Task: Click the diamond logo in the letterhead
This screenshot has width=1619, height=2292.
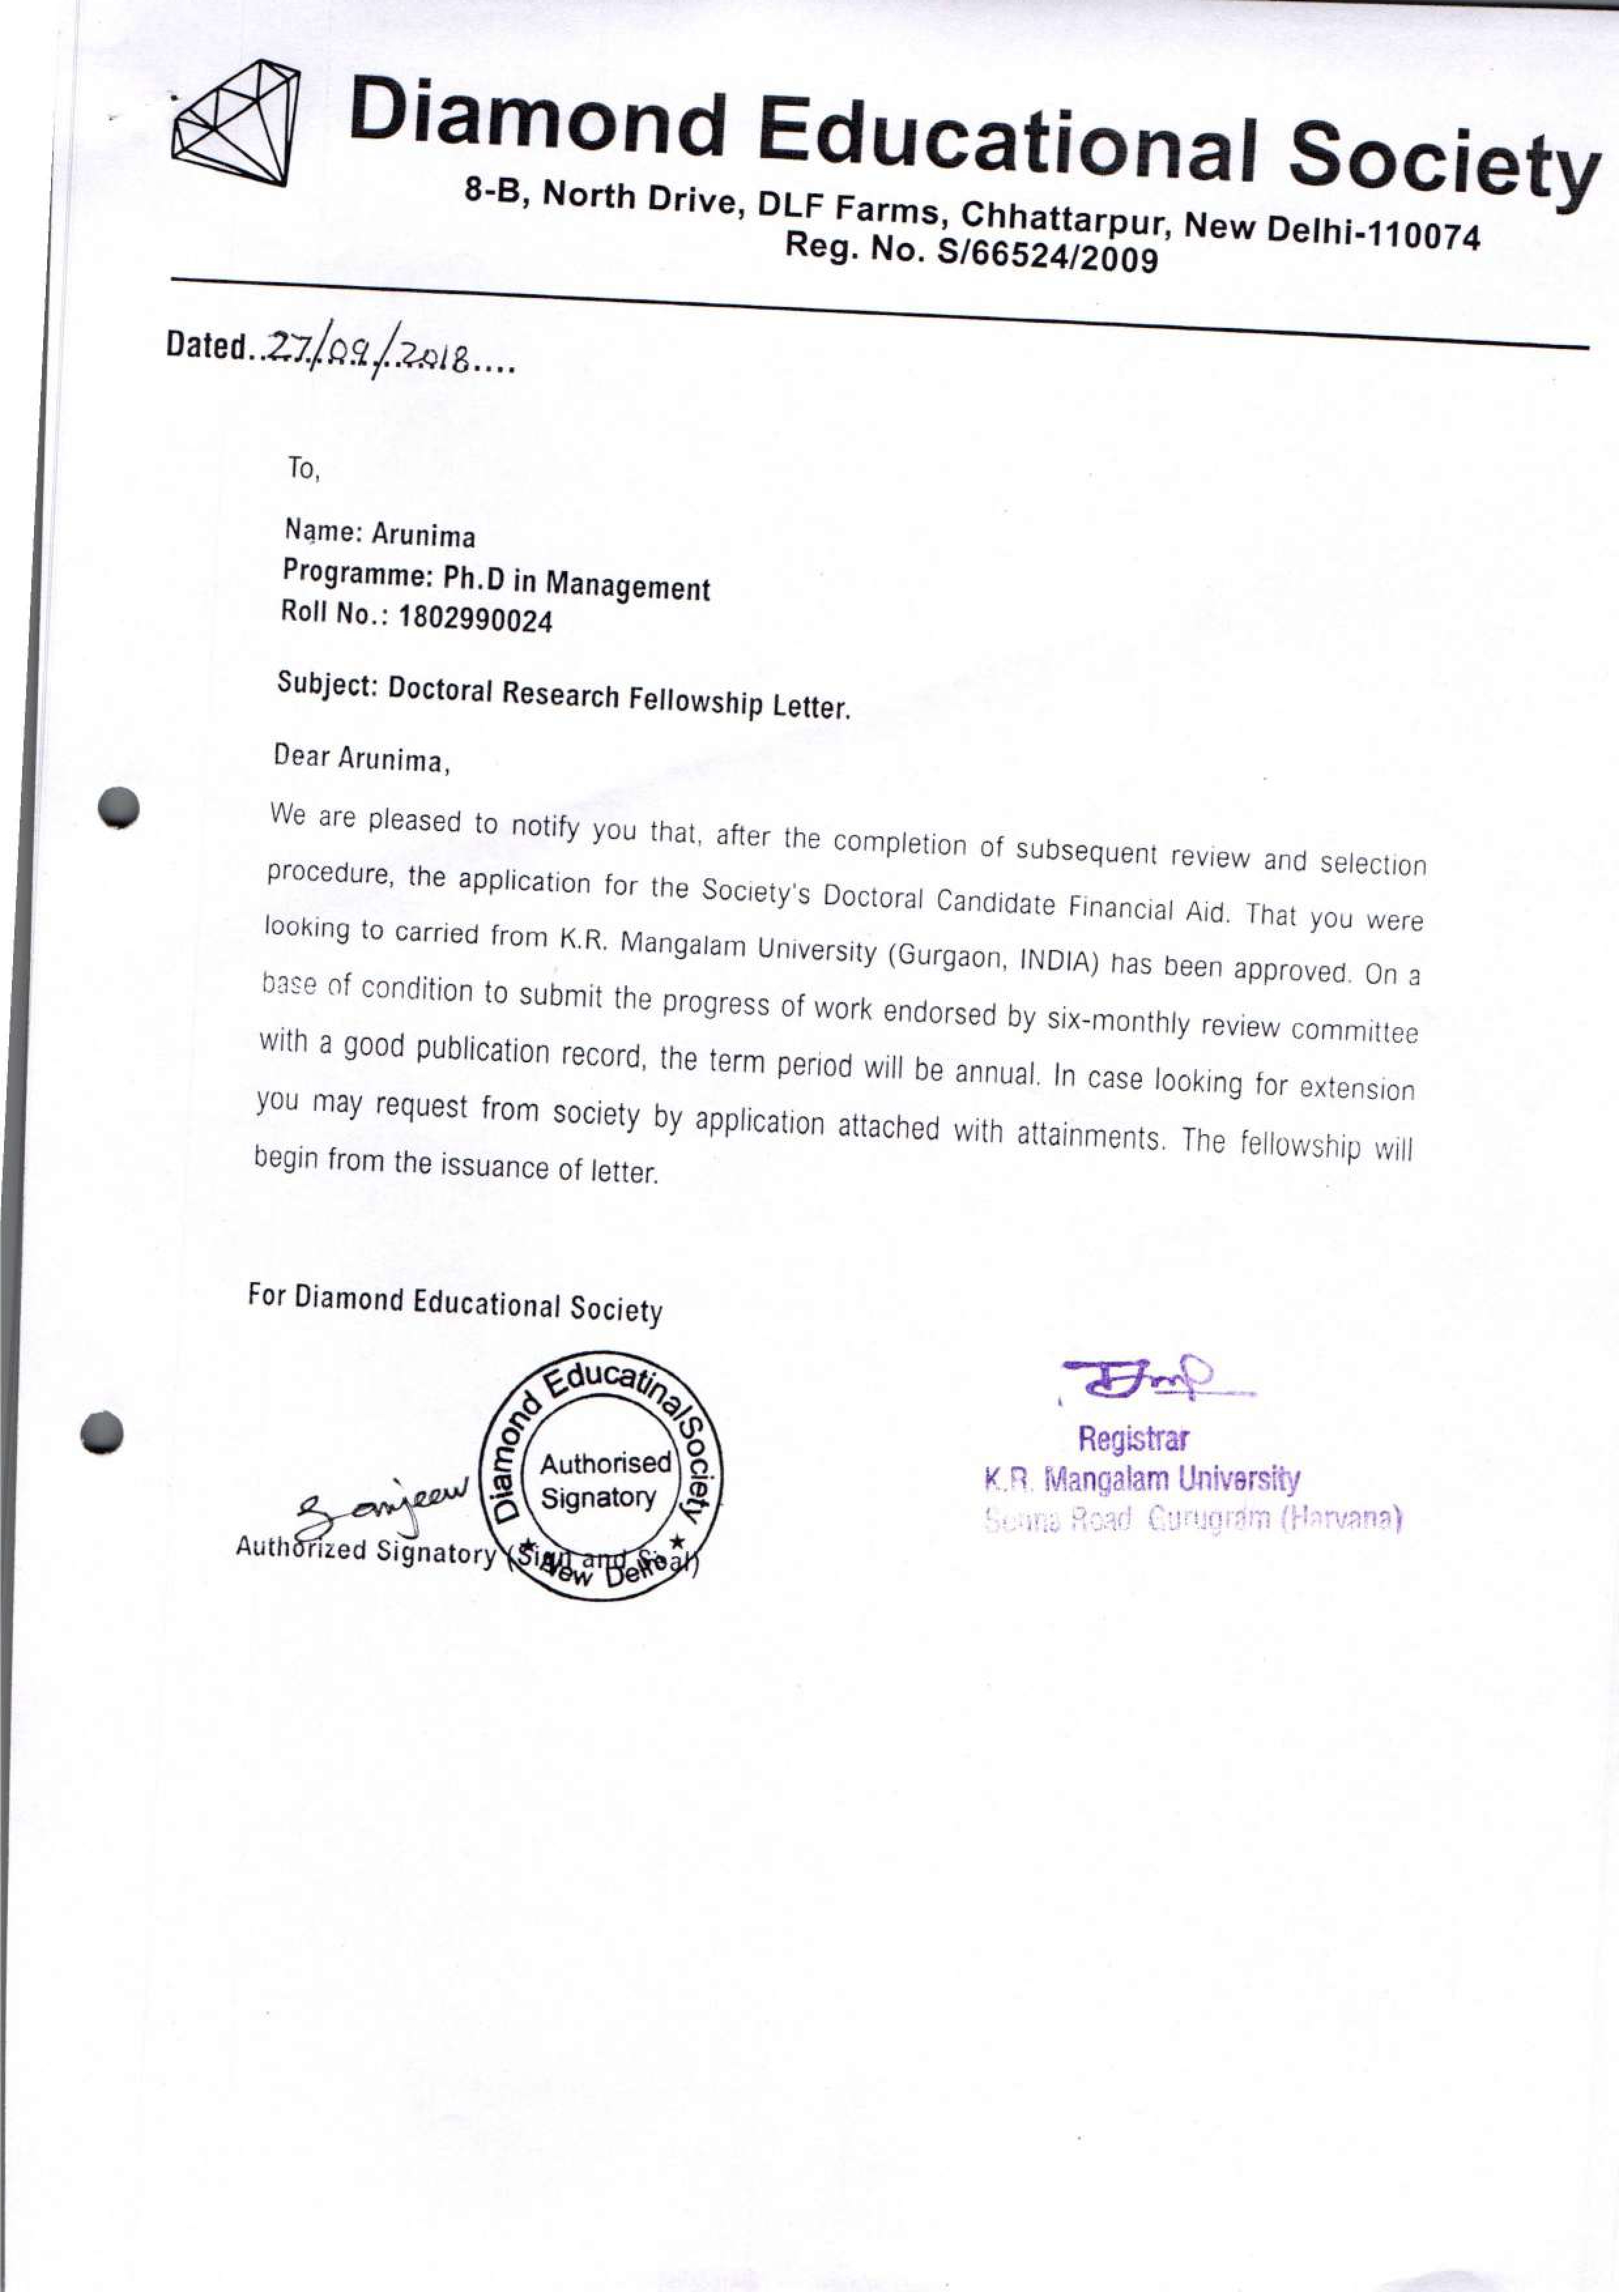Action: pos(237,123)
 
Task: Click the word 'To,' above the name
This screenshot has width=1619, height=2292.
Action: pos(303,469)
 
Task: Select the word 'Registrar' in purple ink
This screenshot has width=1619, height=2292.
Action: pos(1133,1439)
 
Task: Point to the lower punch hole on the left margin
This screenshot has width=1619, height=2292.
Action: pos(103,1430)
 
